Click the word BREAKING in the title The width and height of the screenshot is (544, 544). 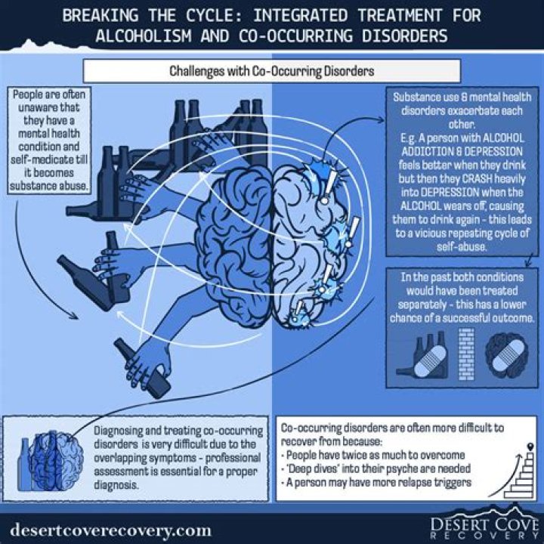pyautogui.click(x=100, y=16)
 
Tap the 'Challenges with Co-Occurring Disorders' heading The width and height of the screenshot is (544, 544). pyautogui.click(x=272, y=71)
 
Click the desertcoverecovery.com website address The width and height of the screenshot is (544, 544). pyautogui.click(x=110, y=530)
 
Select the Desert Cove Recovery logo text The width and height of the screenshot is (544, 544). pyautogui.click(x=484, y=529)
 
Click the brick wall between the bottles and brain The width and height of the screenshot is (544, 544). pyautogui.click(x=466, y=354)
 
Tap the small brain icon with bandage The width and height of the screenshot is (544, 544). pyautogui.click(x=506, y=355)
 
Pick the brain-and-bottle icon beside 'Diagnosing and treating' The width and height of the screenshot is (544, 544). pyautogui.click(x=51, y=460)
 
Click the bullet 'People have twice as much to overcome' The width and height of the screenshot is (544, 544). pyautogui.click(x=373, y=455)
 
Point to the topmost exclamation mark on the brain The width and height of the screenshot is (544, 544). pyautogui.click(x=329, y=187)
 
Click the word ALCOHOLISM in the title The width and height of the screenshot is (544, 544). pyautogui.click(x=144, y=36)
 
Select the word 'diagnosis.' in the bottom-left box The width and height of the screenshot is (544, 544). pyautogui.click(x=116, y=485)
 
